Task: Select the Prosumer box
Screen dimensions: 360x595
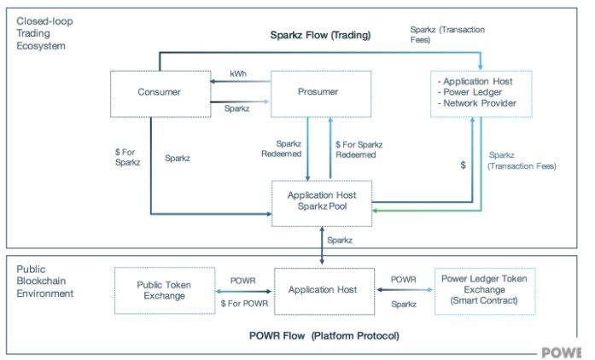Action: click(321, 92)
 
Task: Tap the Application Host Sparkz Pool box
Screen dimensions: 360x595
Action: click(321, 202)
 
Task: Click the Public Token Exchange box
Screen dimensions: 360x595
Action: click(161, 290)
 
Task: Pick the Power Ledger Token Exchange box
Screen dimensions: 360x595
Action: click(484, 290)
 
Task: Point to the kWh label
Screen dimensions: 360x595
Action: click(238, 73)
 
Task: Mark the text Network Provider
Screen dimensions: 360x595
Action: click(480, 103)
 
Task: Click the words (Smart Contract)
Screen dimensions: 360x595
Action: click(484, 301)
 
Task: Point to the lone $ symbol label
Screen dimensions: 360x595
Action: click(463, 165)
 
